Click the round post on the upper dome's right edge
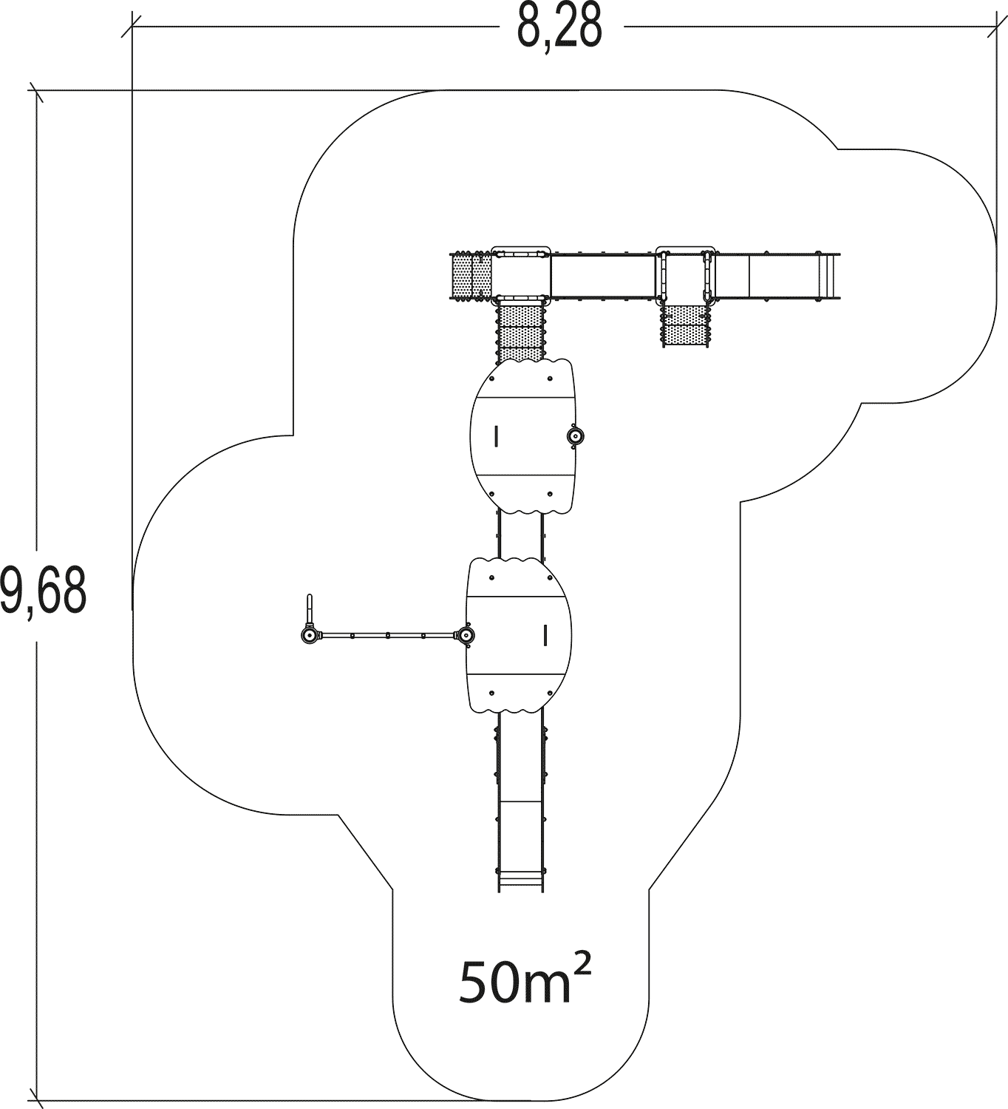pyautogui.click(x=575, y=437)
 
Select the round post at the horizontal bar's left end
pyautogui.click(x=310, y=635)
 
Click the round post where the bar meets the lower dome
pyautogui.click(x=466, y=635)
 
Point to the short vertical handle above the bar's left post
pyautogui.click(x=310, y=610)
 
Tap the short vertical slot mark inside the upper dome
pyautogui.click(x=497, y=435)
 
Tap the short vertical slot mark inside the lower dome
pyautogui.click(x=545, y=635)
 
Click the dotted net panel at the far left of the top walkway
pyautogui.click(x=471, y=277)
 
